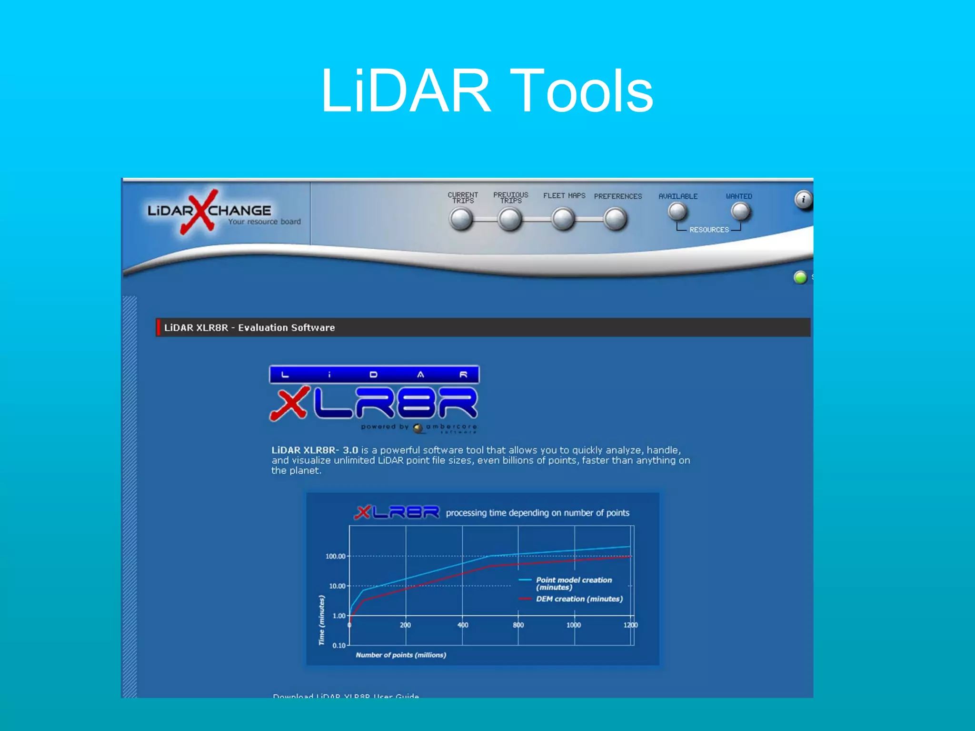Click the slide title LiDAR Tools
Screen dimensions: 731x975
[487, 91]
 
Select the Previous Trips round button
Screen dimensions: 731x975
[510, 219]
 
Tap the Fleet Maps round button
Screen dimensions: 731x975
[563, 219]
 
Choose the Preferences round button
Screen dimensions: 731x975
[615, 219]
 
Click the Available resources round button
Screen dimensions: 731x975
[677, 212]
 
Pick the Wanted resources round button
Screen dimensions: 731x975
[740, 212]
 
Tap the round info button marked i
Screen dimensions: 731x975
[803, 199]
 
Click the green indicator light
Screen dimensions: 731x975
[800, 277]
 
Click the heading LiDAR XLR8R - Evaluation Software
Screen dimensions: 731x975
[249, 327]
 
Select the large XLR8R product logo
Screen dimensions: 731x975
[374, 399]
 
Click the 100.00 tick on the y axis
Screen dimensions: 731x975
[335, 556]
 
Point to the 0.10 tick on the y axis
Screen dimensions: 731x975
[339, 645]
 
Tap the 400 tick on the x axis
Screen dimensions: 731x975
[463, 625]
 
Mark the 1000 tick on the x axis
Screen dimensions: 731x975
[574, 625]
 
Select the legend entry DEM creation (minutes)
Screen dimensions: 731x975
[579, 599]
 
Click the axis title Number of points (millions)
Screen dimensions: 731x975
[401, 655]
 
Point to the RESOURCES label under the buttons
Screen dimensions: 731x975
[709, 230]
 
